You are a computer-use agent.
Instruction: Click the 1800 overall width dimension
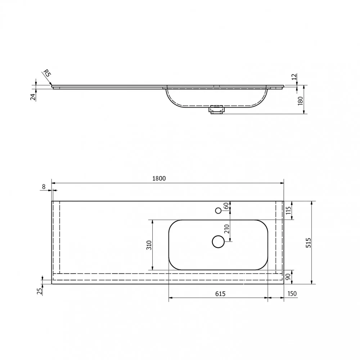(159, 179)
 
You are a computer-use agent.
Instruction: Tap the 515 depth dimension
(309, 243)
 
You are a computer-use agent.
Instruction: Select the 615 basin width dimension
(220, 294)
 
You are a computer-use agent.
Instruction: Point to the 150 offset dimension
(292, 294)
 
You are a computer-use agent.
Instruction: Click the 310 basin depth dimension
(149, 245)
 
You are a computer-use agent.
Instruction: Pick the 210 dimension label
(227, 229)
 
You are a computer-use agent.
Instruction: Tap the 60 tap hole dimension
(226, 206)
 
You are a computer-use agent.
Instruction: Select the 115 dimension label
(288, 210)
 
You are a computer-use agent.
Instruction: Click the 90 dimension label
(288, 276)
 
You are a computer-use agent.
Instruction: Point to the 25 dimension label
(40, 291)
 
